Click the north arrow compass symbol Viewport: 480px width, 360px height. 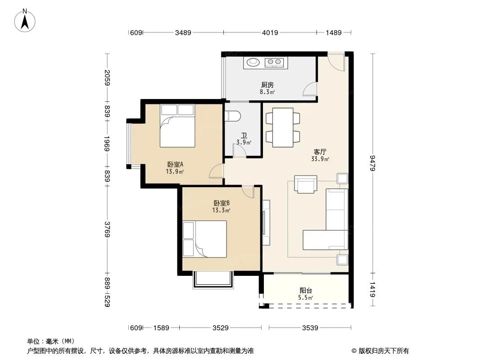pos(25,21)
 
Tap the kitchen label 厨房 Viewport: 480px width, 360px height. pos(267,85)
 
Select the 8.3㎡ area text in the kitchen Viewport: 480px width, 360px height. pos(267,92)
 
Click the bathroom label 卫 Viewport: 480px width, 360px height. pos(244,135)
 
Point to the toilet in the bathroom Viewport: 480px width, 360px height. pos(233,116)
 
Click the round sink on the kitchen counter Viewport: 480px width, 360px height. pos(253,62)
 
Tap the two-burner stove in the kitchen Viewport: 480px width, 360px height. pos(274,63)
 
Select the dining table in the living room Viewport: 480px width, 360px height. pos(283,127)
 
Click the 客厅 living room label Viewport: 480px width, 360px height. pos(320,152)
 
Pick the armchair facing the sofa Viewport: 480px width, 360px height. pos(305,184)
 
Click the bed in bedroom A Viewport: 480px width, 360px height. pos(177,126)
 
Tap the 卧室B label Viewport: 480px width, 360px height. pos(222,203)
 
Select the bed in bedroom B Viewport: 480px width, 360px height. pos(204,239)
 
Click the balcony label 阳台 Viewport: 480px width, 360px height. pos(305,291)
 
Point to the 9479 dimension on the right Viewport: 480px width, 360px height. pos(372,163)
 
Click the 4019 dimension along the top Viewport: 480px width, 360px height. pos(270,32)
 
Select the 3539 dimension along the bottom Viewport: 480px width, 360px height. pos(310,328)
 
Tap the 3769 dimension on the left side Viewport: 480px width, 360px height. pos(107,229)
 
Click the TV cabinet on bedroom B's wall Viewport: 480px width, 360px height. pos(266,222)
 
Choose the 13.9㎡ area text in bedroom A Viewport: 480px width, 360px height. pos(175,171)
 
